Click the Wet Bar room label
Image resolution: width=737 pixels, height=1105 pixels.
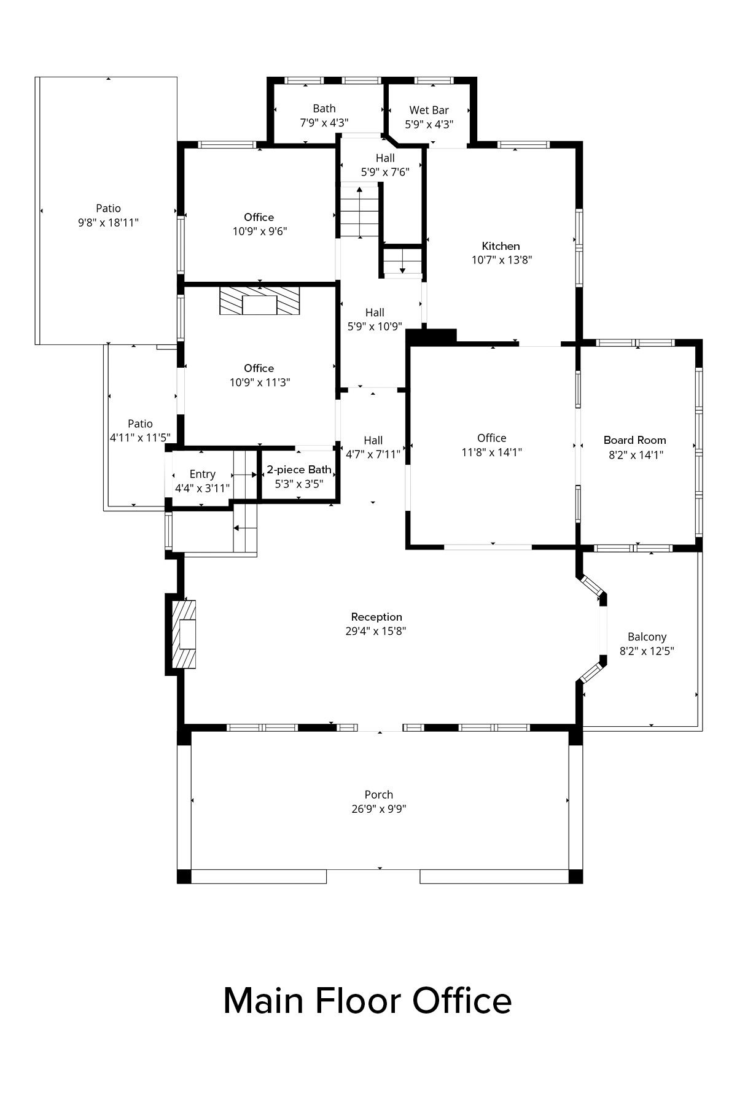click(x=429, y=110)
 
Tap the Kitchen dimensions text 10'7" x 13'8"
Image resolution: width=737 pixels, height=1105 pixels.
click(x=501, y=260)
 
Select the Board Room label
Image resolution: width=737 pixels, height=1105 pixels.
click(x=634, y=440)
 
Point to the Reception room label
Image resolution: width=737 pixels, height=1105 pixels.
click(x=376, y=617)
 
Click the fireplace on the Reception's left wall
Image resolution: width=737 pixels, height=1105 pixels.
click(x=184, y=634)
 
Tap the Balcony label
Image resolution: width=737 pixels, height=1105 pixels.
click(x=647, y=637)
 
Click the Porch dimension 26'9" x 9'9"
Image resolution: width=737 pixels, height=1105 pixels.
click(x=379, y=809)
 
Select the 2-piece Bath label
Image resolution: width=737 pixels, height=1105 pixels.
click(x=299, y=470)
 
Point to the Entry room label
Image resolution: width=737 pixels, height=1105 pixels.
click(x=202, y=475)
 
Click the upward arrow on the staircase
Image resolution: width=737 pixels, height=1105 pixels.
click(x=359, y=211)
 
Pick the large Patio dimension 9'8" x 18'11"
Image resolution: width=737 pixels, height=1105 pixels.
click(x=108, y=222)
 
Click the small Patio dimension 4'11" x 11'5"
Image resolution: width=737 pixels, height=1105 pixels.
click(x=140, y=438)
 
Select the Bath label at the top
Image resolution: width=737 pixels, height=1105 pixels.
click(x=324, y=109)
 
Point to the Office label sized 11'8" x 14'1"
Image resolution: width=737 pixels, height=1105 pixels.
click(x=492, y=438)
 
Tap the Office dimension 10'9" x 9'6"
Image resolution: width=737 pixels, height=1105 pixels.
click(x=260, y=231)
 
